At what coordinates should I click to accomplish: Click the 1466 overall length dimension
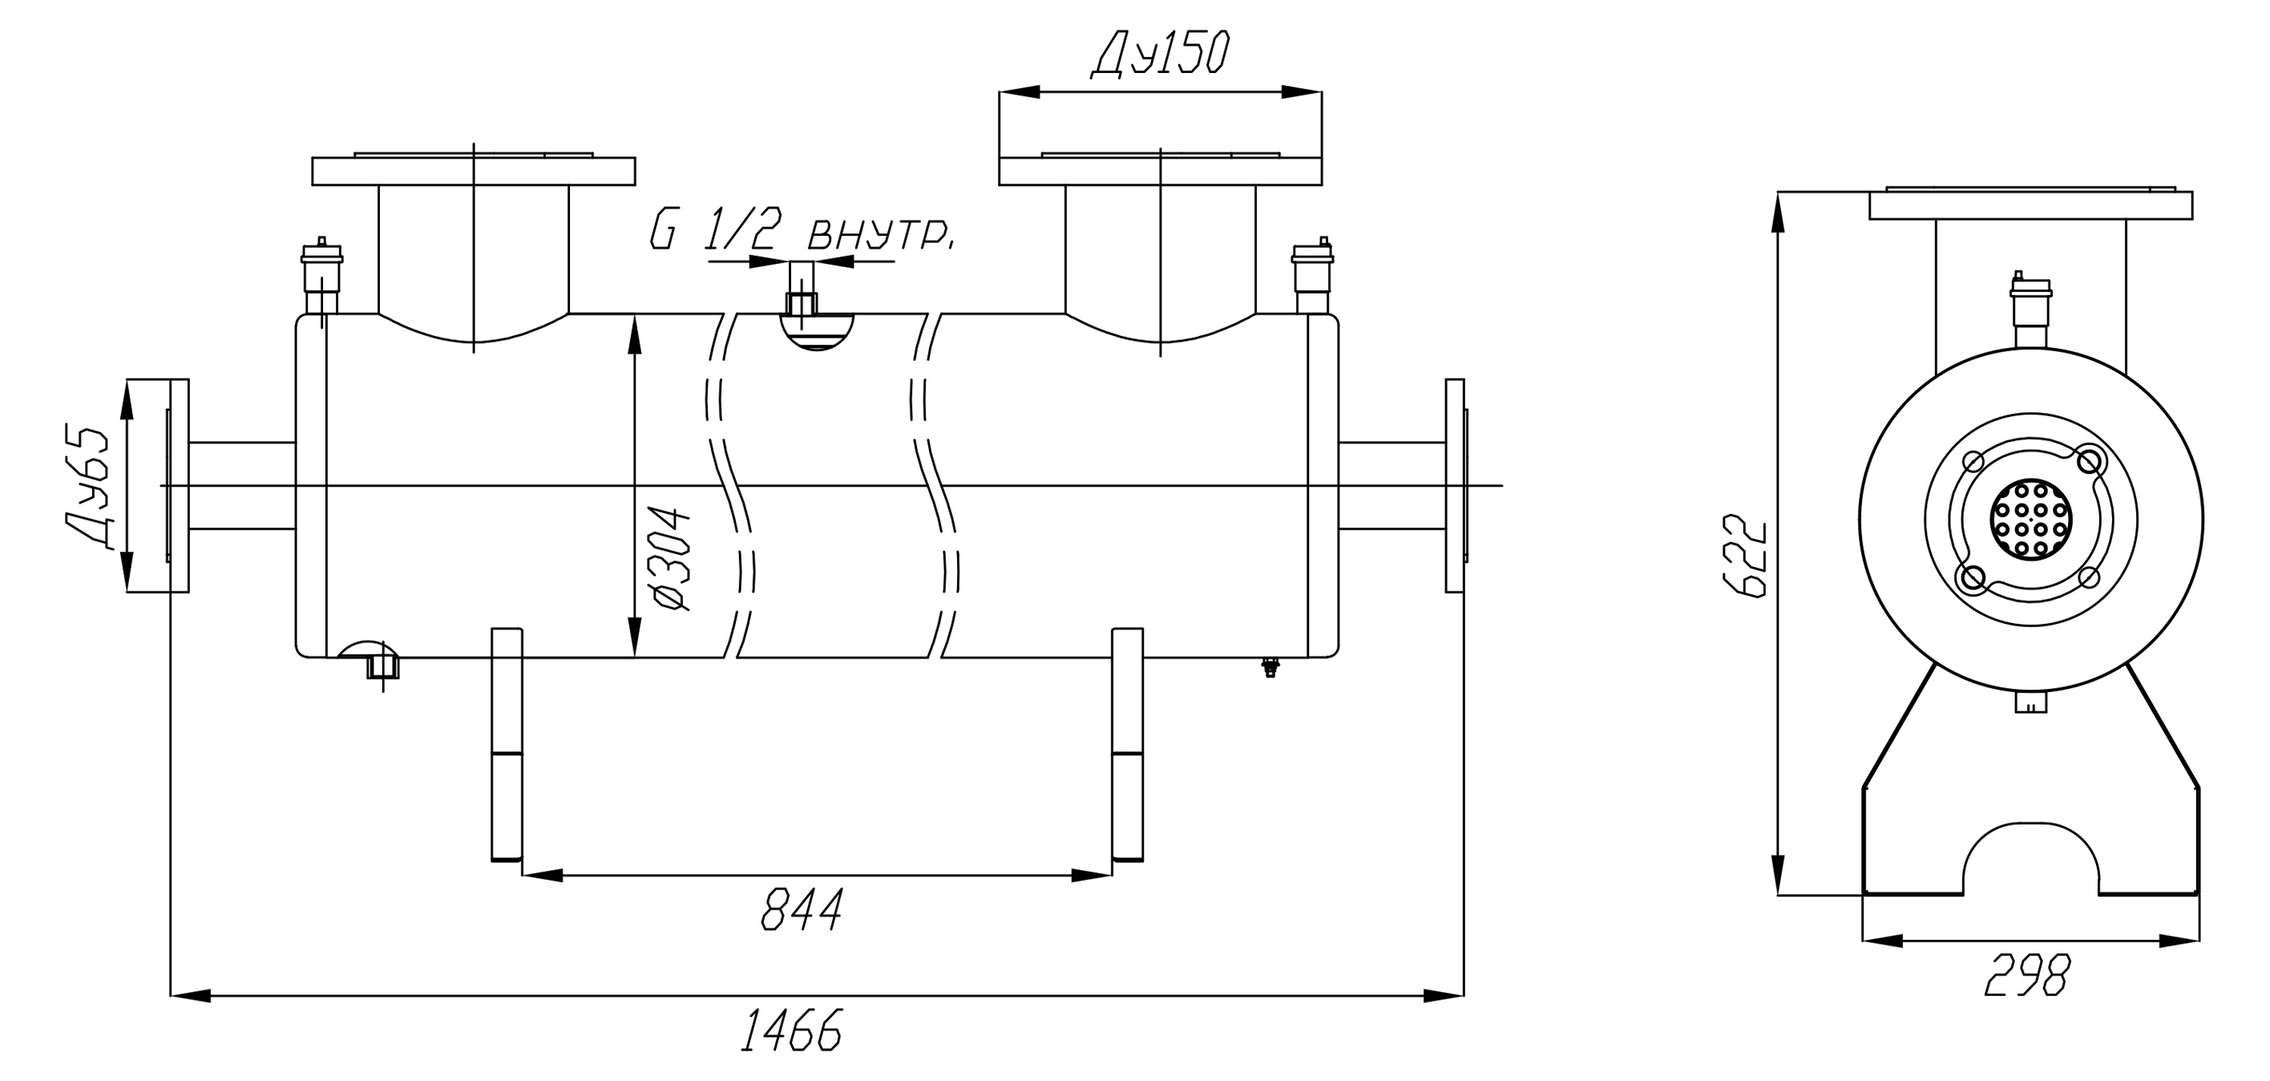pyautogui.click(x=790, y=1029)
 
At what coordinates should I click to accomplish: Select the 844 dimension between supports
pyautogui.click(x=801, y=909)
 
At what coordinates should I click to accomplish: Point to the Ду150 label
pyautogui.click(x=1160, y=55)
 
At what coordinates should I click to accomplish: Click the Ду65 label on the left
pyautogui.click(x=87, y=488)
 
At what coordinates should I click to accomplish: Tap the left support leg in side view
pyautogui.click(x=507, y=744)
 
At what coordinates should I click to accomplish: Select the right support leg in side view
pyautogui.click(x=1128, y=744)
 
